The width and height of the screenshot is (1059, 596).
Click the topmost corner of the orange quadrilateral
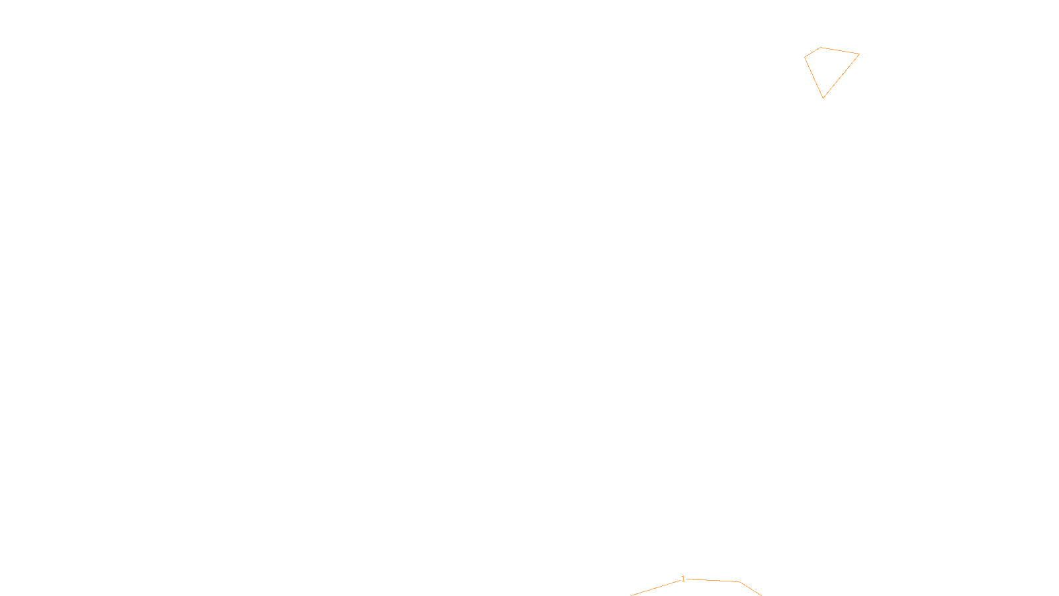820,47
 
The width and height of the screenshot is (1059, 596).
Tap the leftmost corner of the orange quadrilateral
805,58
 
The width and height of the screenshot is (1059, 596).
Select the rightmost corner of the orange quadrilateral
859,54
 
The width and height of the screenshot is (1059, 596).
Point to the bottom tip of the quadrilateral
823,98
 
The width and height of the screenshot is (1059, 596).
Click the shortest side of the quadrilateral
812,52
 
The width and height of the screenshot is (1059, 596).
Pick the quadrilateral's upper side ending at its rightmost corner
840,50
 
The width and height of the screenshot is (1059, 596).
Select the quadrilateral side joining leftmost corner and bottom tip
813,78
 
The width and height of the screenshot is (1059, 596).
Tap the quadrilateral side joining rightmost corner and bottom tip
841,76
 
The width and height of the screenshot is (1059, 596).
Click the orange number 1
683,579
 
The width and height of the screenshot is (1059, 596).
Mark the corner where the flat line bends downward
740,582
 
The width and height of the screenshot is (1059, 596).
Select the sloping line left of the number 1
656,588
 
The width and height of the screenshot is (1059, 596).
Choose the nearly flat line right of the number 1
713,580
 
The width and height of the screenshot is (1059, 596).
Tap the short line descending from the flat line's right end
751,589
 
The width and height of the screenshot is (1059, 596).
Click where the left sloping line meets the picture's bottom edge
631,595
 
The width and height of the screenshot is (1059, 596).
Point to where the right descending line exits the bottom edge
762,595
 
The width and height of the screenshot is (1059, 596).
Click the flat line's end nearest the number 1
686,579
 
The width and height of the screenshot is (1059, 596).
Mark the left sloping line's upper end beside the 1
680,580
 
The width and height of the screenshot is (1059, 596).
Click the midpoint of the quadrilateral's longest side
841,76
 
